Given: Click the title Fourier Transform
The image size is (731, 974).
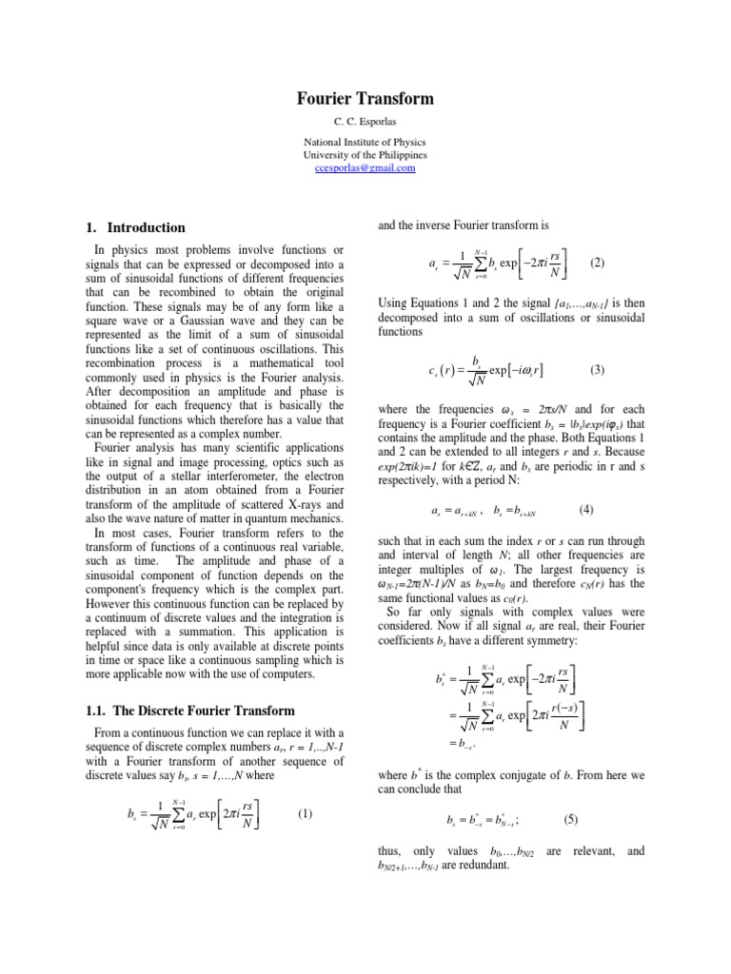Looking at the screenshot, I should click(365, 99).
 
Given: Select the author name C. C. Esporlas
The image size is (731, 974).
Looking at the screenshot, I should click(365, 121).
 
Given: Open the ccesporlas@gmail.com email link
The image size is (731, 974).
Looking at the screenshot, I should click(365, 167).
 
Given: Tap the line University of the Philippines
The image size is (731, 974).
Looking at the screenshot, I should click(365, 154).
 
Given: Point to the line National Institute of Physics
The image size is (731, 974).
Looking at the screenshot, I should click(365, 141).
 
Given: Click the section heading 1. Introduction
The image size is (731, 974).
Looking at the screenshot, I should click(134, 228).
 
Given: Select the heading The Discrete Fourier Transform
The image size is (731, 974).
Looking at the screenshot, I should click(188, 711).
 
